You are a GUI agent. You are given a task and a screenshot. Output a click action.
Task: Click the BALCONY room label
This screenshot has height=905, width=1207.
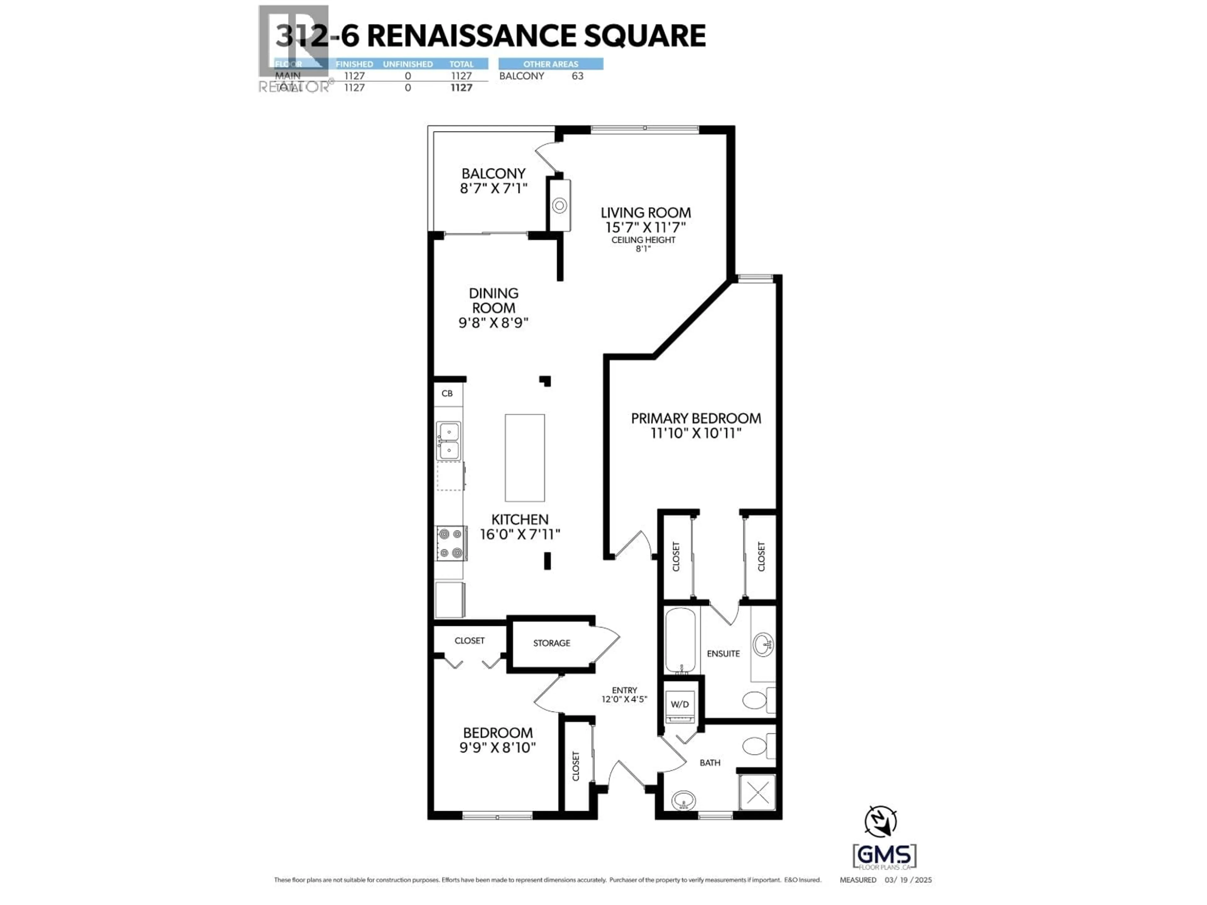coord(493,173)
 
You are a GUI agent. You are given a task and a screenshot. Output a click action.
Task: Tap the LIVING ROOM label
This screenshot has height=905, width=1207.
coord(646,213)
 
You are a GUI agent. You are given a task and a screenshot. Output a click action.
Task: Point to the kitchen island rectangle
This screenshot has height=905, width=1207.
coord(524,458)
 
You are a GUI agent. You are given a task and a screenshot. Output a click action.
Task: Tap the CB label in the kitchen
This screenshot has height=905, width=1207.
coord(447,393)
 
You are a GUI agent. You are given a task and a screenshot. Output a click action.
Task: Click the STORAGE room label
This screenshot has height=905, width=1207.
coord(551,643)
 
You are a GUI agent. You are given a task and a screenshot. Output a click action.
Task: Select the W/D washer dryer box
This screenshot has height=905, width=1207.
coord(679,704)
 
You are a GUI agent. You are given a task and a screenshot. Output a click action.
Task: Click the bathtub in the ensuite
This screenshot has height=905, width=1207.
coord(680,641)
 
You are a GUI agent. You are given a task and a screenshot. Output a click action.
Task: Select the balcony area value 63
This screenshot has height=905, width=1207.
coord(577,76)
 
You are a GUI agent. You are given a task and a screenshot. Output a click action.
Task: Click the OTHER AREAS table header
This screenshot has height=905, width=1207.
coord(551,64)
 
